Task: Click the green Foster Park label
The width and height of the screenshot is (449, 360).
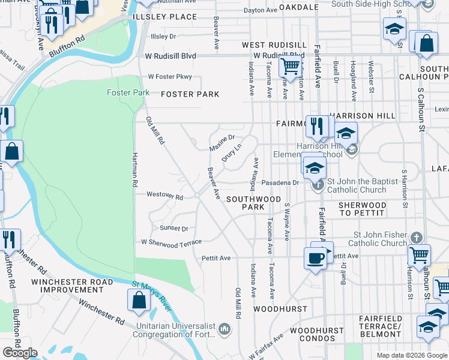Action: point(127,92)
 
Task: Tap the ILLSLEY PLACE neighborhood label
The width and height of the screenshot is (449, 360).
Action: point(164,17)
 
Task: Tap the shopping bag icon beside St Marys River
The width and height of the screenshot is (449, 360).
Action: point(139,300)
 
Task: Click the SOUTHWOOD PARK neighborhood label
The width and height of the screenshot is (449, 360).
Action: point(253,203)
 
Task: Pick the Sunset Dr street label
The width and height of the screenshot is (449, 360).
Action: point(174,228)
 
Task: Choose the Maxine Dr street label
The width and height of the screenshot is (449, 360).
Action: point(221,142)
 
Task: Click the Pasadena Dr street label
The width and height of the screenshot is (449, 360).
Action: point(280,182)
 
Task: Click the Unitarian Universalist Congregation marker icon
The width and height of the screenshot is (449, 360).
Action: point(224,329)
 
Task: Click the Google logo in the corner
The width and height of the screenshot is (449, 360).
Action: point(20,353)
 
